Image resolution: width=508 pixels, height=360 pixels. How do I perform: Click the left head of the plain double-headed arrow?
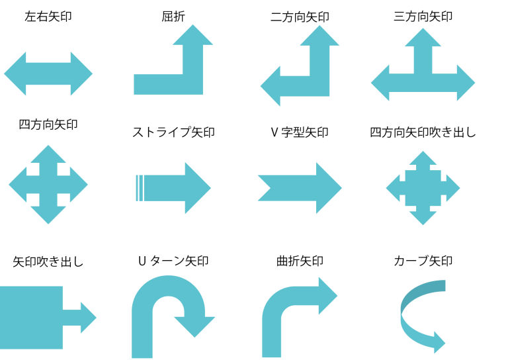[x=15, y=74]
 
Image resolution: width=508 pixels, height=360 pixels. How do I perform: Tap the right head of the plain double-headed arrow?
[x=81, y=74]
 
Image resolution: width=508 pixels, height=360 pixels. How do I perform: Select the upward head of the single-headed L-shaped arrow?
[x=192, y=36]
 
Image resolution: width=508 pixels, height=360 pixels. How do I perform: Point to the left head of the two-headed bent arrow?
[x=271, y=86]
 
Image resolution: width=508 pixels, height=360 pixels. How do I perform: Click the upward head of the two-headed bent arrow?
[x=319, y=36]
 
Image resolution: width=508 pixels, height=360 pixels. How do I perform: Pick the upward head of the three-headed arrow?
[x=423, y=38]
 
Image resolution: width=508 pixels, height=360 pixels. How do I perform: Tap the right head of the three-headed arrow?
[x=465, y=83]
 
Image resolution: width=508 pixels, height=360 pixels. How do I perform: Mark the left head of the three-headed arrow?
[x=381, y=83]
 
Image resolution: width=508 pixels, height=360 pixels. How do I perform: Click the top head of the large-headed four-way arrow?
[x=48, y=155]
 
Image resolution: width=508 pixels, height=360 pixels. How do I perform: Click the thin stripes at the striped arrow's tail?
[x=139, y=188]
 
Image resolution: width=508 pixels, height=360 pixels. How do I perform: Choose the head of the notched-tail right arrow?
[x=329, y=188]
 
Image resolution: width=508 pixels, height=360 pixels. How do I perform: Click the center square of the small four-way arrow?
[x=423, y=188]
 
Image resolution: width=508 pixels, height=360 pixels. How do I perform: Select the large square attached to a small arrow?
[x=31, y=318]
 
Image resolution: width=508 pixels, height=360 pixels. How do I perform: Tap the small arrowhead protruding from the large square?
[x=88, y=318]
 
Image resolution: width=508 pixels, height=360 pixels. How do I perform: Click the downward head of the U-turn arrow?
[x=194, y=325]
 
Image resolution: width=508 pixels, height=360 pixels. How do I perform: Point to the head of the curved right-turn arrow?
[x=327, y=296]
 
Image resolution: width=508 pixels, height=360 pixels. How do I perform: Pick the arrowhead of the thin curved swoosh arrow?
[x=439, y=343]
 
